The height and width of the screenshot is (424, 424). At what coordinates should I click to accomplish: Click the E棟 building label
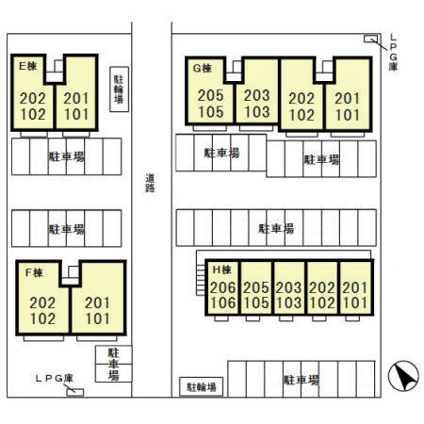pos(28,66)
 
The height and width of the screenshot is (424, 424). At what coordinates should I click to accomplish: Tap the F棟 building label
pos(34,272)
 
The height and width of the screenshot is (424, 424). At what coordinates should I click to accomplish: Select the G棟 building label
pos(203,68)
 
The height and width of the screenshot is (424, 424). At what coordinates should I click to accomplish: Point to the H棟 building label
pos(222,269)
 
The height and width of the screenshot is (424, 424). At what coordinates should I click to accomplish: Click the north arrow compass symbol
pos(403,376)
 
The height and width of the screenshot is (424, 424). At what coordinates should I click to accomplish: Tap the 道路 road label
pos(150,183)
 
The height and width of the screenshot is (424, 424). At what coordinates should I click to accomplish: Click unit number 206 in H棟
pos(222,287)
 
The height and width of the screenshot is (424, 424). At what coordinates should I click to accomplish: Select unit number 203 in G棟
pos(257,95)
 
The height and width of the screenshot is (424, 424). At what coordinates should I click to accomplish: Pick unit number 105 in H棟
pos(256,302)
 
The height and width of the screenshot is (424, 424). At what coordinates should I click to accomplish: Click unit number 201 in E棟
pos(76,99)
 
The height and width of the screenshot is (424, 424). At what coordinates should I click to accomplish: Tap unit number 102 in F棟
pos(42,318)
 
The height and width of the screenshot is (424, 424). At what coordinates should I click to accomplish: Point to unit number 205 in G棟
pos(211,95)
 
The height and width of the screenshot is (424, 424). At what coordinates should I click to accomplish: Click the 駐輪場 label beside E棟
pos(119,90)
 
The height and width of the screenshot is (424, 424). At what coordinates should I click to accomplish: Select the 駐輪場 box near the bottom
pos(202,386)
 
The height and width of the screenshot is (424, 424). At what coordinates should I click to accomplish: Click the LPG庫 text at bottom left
pos(55,378)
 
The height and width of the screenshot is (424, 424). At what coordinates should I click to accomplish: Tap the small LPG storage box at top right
pos(370,39)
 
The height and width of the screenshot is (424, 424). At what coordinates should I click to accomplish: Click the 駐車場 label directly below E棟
pos(66,156)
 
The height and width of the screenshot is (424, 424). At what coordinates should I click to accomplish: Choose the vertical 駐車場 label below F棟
pos(113,364)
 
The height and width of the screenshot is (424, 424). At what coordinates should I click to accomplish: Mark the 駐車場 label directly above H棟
pos(276,228)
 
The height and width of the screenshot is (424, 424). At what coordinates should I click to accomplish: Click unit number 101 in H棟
pos(355,302)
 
